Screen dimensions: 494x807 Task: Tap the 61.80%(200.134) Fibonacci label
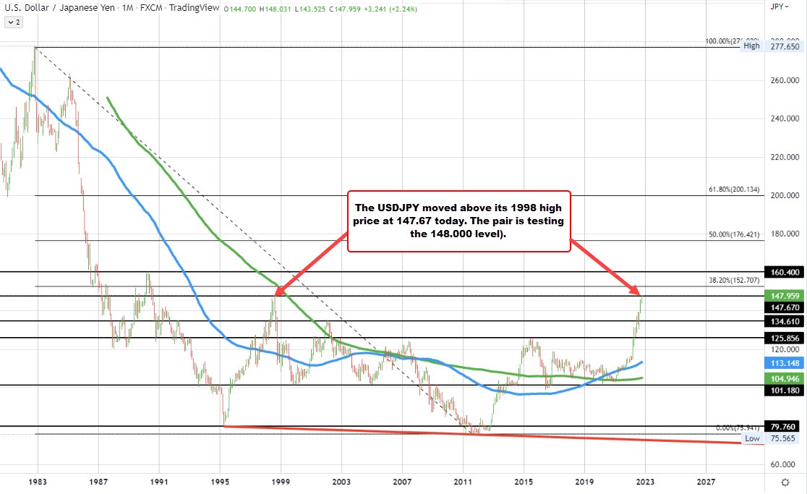tap(733, 190)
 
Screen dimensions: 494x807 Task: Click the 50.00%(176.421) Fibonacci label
tap(733, 235)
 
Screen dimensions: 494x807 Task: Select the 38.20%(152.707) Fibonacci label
tap(733, 280)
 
